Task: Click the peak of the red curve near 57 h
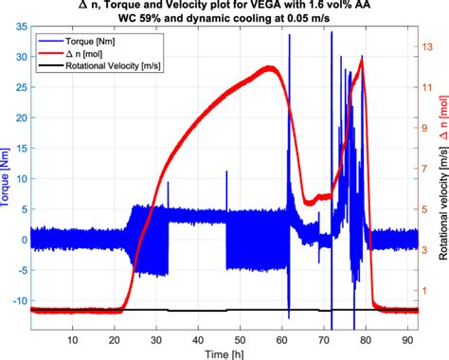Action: coord(271,67)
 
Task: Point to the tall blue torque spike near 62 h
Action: coord(290,38)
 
